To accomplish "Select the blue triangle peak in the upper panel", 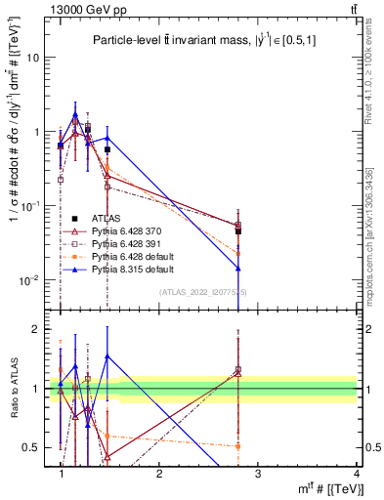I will pos(75,114).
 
